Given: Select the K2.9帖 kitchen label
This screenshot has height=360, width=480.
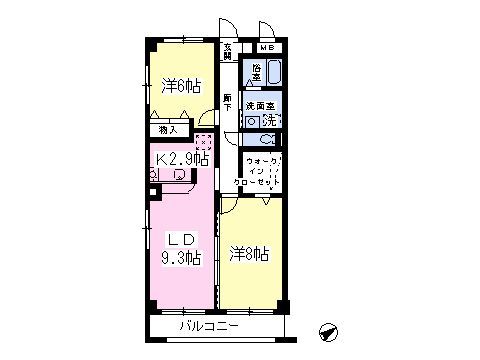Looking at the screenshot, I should tap(181, 159).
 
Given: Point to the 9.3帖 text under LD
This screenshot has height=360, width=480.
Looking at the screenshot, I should tap(181, 257).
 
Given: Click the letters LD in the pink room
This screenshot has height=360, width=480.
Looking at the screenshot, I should tap(179, 239).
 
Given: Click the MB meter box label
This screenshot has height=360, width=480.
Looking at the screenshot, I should tap(265, 47).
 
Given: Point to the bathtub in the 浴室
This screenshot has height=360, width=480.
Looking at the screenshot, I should tap(274, 73).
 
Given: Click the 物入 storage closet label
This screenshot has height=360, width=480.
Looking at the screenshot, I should tap(168, 129).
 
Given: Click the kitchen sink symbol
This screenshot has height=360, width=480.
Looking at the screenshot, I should tap(179, 175).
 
